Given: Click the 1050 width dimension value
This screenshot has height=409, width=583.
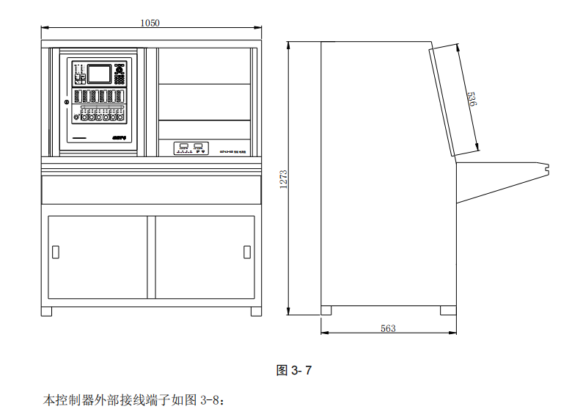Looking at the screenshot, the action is tap(150, 23).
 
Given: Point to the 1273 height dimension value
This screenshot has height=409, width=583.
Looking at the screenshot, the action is tap(283, 178).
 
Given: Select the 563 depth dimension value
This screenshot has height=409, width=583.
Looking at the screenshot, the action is tap(388, 328).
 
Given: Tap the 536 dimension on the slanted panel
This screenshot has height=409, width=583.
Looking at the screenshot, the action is tap(472, 98).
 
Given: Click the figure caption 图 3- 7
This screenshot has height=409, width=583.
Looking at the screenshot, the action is tap(293, 370).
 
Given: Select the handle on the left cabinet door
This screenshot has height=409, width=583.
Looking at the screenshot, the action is tap(56, 253).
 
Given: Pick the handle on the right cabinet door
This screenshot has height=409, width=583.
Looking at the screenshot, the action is tap(246, 253).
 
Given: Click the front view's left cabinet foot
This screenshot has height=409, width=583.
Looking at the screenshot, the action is tap(46, 311).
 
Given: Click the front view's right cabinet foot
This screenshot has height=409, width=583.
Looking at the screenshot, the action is tap(255, 311).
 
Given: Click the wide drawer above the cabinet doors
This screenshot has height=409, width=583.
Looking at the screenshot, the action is tap(151, 189).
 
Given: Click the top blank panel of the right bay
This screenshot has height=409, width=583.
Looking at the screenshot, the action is tap(204, 66).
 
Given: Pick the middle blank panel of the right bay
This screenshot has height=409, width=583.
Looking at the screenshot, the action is tap(204, 101).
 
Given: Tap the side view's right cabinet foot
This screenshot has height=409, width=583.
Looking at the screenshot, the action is tap(446, 310).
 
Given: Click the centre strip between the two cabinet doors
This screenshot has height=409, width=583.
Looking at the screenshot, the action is tap(151, 257).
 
